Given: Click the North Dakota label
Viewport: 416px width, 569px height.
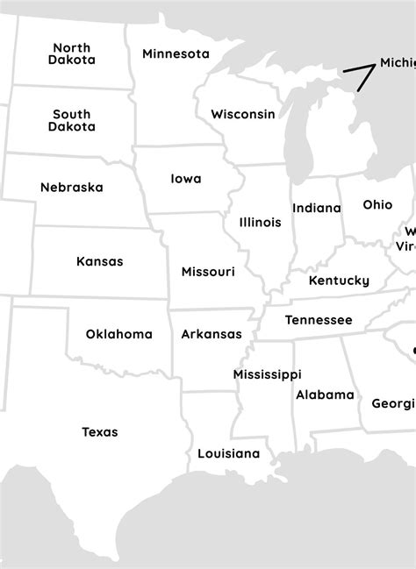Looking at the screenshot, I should [72, 54].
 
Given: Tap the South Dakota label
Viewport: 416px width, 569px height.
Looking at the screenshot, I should [72, 120].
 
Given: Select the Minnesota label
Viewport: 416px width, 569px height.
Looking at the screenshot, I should [176, 53].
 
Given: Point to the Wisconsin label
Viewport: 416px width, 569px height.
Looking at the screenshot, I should [243, 114].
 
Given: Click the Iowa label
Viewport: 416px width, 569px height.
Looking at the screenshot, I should [185, 179].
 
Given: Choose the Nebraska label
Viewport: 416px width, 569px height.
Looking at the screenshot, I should [72, 187].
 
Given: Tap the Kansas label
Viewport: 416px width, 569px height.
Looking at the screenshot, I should [100, 261].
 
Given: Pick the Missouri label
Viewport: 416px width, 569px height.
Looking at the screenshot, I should [208, 272].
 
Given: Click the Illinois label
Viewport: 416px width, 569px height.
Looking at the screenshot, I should [261, 222].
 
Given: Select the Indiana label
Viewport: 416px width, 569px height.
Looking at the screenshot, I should [317, 208].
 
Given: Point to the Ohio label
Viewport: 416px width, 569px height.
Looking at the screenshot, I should [378, 204].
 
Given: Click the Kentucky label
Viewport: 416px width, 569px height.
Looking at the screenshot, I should [339, 281].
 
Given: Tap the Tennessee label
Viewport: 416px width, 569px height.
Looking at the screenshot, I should [319, 320].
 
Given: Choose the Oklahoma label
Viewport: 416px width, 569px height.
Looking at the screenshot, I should [119, 334].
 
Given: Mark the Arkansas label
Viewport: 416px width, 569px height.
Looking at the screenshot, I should [212, 334].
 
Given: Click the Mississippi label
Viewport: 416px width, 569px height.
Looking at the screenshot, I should [268, 374].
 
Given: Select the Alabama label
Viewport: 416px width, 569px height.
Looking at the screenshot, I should [325, 395].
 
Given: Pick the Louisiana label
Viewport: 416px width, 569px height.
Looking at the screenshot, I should [229, 453].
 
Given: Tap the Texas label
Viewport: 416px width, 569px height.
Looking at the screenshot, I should [100, 431].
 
